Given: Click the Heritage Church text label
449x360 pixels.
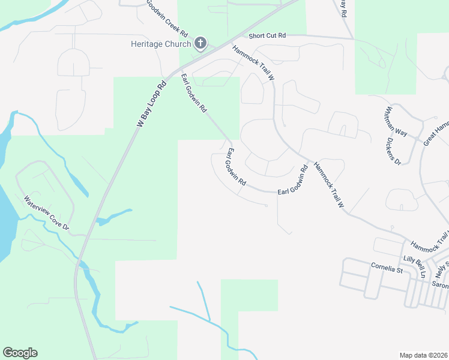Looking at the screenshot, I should coord(161,44).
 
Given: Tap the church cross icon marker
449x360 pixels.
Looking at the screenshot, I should coord(200,43).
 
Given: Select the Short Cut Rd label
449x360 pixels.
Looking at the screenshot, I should coord(267,36).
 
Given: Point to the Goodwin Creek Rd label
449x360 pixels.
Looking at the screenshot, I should coord(167,16).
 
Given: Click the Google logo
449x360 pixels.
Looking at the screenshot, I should coord(20,353).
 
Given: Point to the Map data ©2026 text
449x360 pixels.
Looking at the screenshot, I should coord(423,355).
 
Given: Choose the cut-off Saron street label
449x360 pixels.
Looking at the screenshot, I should coord(440,286).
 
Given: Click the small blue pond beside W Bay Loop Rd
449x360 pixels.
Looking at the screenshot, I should coord(113,217).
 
